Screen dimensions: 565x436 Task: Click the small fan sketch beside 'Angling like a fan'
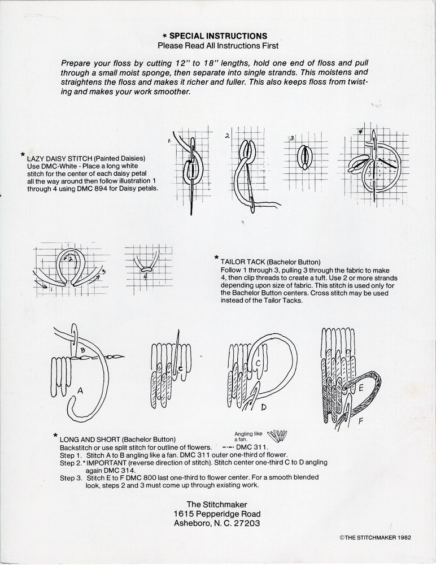point(276,436)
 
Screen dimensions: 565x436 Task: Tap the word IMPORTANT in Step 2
point(107,462)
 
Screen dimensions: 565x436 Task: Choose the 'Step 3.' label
point(71,477)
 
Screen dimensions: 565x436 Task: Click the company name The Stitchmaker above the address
point(217,504)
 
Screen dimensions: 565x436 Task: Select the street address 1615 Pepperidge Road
point(217,514)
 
